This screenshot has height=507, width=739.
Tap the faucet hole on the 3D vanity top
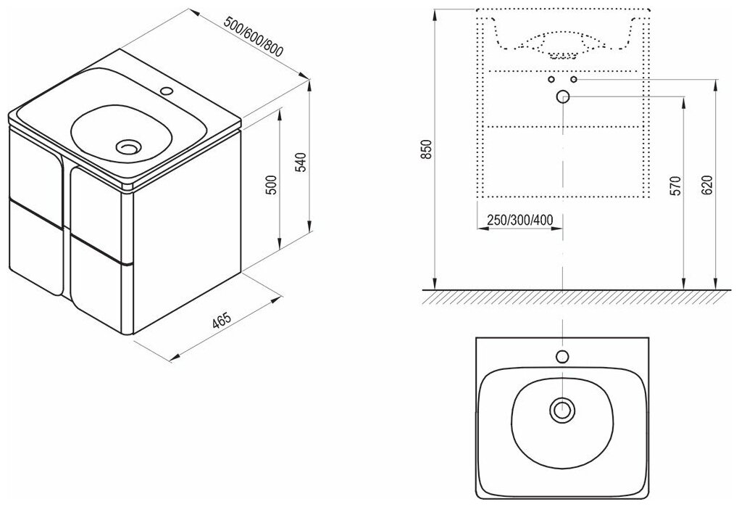coord(167,91)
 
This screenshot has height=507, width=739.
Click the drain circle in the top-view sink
coord(561,410)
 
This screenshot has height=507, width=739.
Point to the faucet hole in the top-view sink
coord(561,356)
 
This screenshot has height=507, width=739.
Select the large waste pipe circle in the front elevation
coord(562,96)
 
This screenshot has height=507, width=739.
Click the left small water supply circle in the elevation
coord(551,79)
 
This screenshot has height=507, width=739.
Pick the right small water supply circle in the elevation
coord(574,79)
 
